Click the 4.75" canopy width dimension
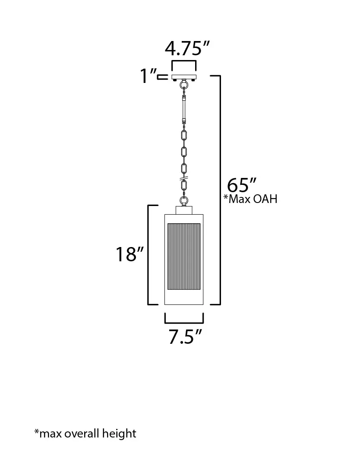point(184,48)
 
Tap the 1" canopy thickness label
point(147,76)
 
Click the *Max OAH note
point(250,199)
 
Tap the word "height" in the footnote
point(120,433)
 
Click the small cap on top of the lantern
point(184,210)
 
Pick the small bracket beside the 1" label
point(163,77)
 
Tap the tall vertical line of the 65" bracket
point(220,190)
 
